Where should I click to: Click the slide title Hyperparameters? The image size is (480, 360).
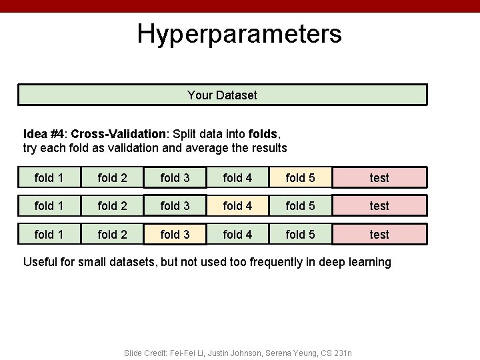click(239, 33)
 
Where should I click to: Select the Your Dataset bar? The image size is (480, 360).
click(222, 95)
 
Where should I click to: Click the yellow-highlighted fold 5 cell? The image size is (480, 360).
click(300, 177)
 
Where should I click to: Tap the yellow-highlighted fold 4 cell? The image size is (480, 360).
click(237, 206)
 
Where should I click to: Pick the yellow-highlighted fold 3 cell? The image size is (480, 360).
click(175, 234)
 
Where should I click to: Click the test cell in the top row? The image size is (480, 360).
click(379, 177)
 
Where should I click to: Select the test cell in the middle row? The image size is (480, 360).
click(379, 206)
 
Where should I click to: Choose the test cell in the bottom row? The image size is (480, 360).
click(379, 234)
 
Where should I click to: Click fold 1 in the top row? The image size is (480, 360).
click(49, 177)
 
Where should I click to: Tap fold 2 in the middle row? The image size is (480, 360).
click(112, 206)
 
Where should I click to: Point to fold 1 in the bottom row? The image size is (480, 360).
click(49, 234)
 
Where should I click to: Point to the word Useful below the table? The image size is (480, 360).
click(40, 262)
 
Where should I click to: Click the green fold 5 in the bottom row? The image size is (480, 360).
click(300, 234)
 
